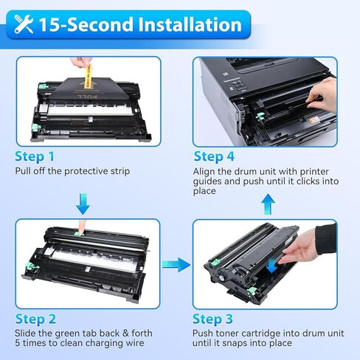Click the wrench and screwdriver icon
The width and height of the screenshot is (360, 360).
[x=24, y=24]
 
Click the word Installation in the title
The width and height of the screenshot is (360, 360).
[x=181, y=24]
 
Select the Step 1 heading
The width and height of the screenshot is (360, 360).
[x=35, y=156]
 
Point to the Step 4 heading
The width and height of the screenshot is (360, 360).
[x=214, y=156]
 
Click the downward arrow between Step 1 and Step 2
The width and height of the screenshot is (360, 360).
[x=83, y=202]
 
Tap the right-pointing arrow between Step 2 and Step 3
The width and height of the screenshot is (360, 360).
[x=176, y=264]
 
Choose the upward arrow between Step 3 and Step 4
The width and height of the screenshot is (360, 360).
[x=268, y=201]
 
